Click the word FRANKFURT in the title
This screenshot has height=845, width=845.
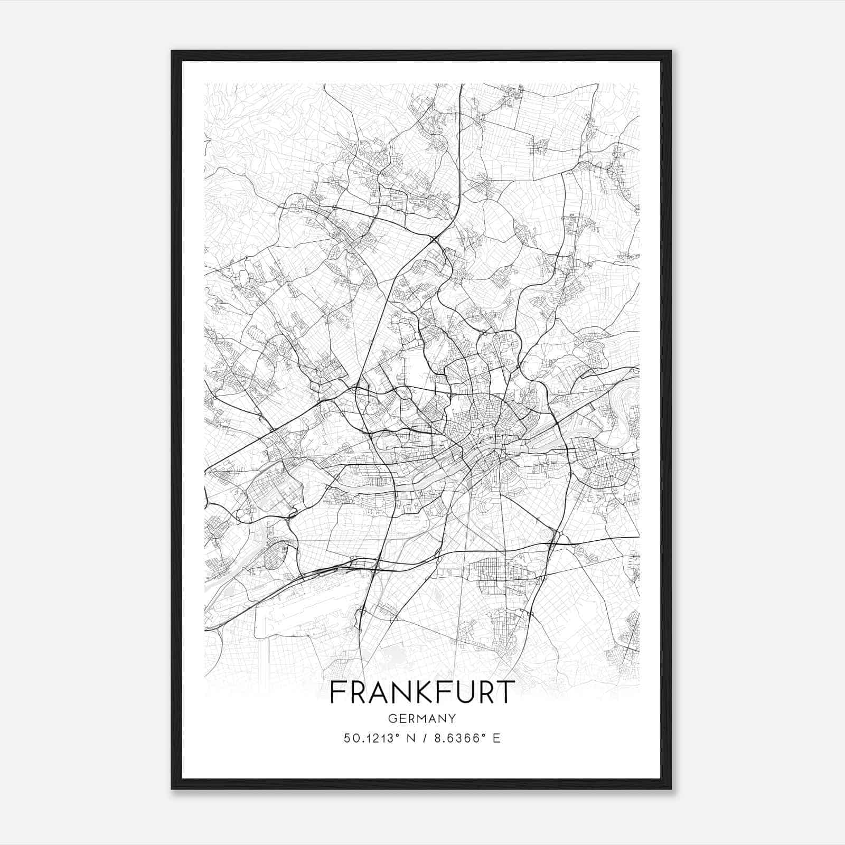(x=422, y=692)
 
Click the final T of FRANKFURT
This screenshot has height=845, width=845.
(x=504, y=692)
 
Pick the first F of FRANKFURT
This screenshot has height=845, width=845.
(x=336, y=692)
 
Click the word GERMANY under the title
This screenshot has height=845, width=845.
(x=422, y=718)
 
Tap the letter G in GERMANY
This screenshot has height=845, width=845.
(x=392, y=718)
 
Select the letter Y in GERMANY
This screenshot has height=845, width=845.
(x=452, y=718)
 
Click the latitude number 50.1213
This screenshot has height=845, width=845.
(x=364, y=738)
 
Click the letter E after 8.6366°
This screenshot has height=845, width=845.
(x=496, y=738)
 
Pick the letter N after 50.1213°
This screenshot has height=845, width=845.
(x=406, y=738)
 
